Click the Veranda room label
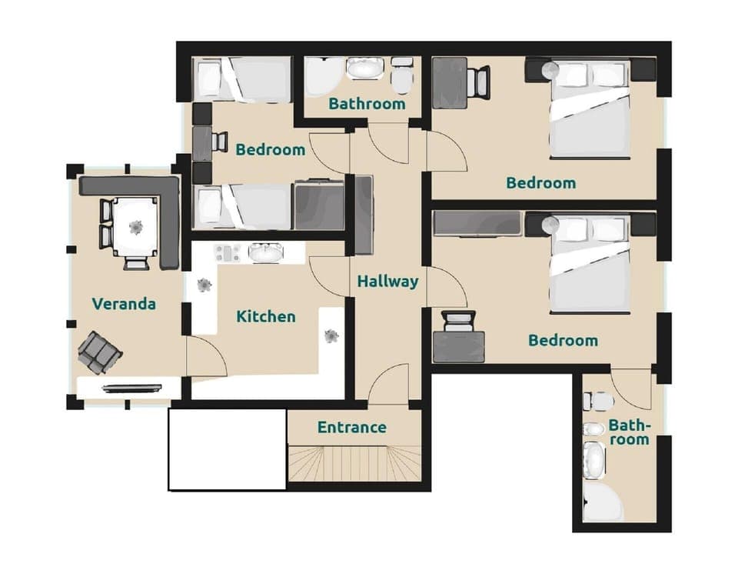coord(124,304)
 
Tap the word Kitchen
coord(265,316)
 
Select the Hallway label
coord(387,282)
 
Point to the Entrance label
coord(352,427)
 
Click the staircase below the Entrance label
coord(354,464)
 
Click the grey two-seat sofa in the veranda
coord(99,352)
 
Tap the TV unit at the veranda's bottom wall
coord(128,388)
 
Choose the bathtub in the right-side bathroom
coord(593,460)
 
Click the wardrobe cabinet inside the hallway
coord(363,215)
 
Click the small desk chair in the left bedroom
coord(219,142)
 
